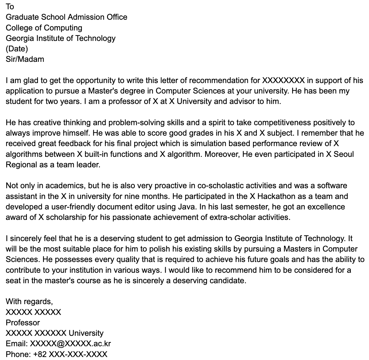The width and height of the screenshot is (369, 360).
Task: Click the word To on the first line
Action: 10,7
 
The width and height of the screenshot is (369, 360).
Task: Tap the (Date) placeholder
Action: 17,49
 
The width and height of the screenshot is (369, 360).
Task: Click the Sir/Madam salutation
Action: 25,59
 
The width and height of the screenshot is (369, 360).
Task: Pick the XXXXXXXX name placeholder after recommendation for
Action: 283,80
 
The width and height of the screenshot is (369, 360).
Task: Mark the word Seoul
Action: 344,154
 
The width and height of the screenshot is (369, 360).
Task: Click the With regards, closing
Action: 29,301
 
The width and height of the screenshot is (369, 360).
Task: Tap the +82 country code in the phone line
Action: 40,354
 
